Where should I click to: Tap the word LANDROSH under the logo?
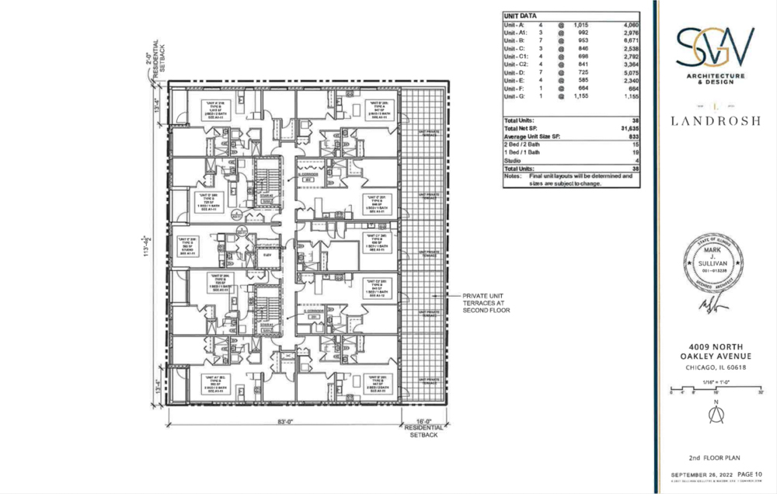pyautogui.click(x=715, y=120)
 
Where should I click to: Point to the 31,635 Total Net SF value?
pyautogui.click(x=625, y=128)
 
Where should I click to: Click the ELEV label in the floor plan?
pyautogui.click(x=267, y=255)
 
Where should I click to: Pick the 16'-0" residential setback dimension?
pyautogui.click(x=423, y=424)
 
